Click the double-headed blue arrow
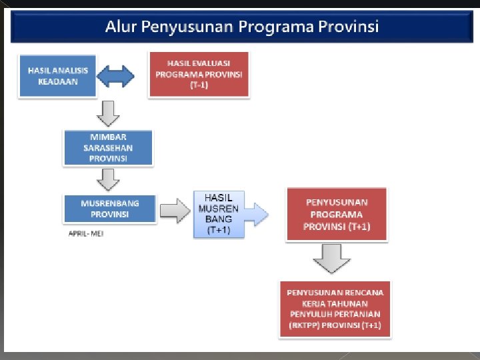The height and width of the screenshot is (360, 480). click(x=116, y=75)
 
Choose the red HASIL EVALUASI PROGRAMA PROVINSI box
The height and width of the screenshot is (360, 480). click(x=199, y=74)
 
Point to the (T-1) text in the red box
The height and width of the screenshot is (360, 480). click(x=199, y=85)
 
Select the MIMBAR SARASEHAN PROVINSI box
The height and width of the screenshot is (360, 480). click(x=108, y=147)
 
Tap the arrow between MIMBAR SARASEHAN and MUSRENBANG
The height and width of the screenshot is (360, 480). click(x=108, y=179)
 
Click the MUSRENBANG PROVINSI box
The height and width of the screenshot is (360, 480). click(x=110, y=209)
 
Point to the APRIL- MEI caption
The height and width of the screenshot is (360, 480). click(x=86, y=234)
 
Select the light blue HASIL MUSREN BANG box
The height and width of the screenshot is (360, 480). click(x=219, y=214)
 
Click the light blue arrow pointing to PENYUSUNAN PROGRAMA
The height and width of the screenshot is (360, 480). click(x=257, y=214)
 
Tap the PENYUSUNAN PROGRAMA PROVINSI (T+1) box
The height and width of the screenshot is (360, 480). click(x=336, y=214)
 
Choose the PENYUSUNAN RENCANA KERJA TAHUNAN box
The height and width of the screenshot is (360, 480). click(x=335, y=309)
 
